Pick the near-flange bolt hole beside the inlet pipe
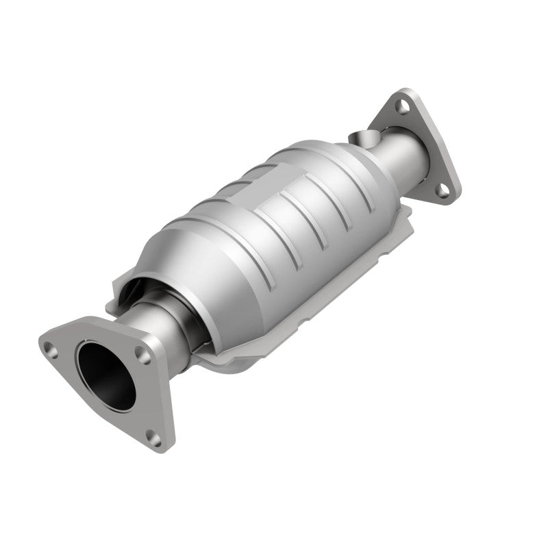pos(142,354)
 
